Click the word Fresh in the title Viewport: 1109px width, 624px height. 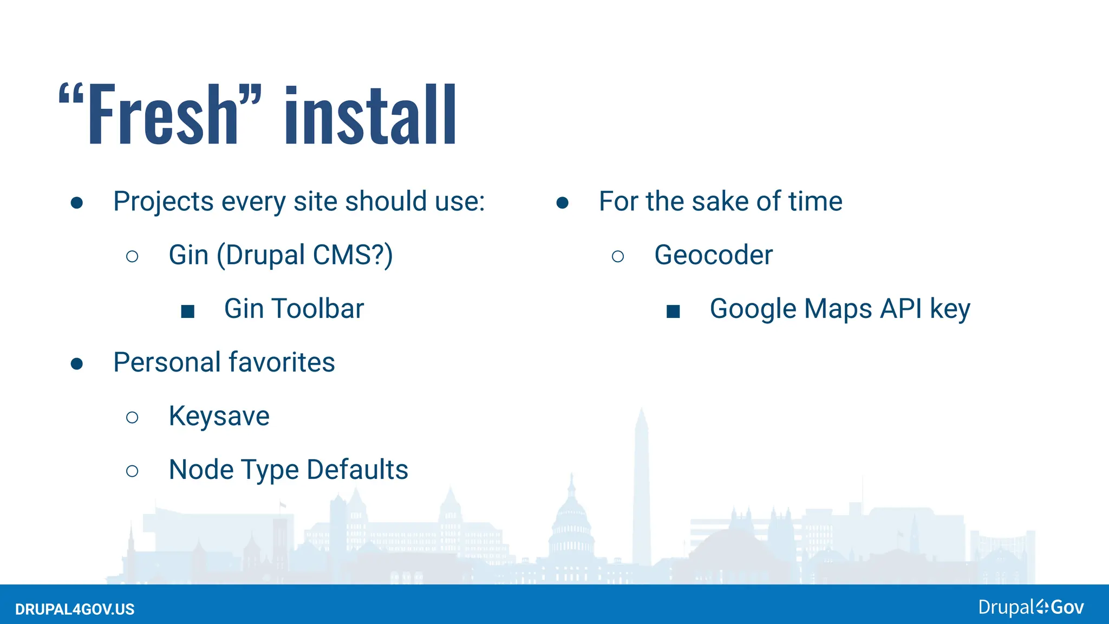click(162, 115)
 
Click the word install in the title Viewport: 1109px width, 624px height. click(370, 115)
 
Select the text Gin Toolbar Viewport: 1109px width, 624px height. click(293, 309)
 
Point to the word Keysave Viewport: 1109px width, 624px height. click(219, 416)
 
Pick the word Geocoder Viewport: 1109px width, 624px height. click(713, 255)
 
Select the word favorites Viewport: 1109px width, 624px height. click(281, 362)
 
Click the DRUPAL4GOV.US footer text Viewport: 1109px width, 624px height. click(75, 609)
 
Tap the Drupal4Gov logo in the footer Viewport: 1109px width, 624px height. click(1030, 607)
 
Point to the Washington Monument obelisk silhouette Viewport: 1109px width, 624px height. click(642, 487)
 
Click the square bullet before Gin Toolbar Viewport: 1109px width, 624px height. click(187, 311)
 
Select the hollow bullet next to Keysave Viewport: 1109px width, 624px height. click(132, 417)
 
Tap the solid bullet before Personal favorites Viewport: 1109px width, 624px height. click(77, 363)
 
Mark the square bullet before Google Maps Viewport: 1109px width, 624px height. click(673, 311)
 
